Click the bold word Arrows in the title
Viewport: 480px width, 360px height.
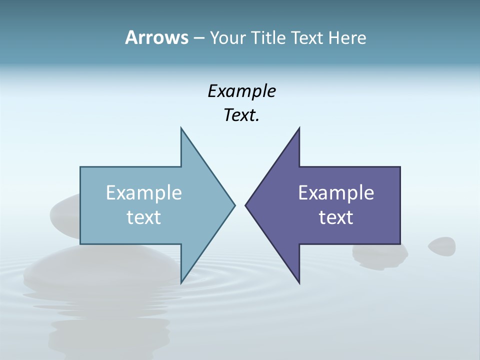[156, 37]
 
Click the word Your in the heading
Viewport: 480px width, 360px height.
[227, 37]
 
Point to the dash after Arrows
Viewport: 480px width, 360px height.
[198, 38]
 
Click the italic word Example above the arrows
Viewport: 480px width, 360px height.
[241, 91]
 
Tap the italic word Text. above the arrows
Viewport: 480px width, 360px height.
[241, 115]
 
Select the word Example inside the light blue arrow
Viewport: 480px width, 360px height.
[144, 192]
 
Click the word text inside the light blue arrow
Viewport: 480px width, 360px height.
[144, 217]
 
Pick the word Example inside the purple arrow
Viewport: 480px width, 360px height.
[336, 192]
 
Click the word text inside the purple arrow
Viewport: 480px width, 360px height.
[336, 217]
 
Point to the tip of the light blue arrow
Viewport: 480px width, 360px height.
[234, 205]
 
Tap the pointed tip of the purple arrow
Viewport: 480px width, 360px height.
[246, 205]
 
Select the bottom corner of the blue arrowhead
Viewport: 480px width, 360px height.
[181, 282]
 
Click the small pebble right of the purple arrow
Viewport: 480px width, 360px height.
[442, 245]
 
